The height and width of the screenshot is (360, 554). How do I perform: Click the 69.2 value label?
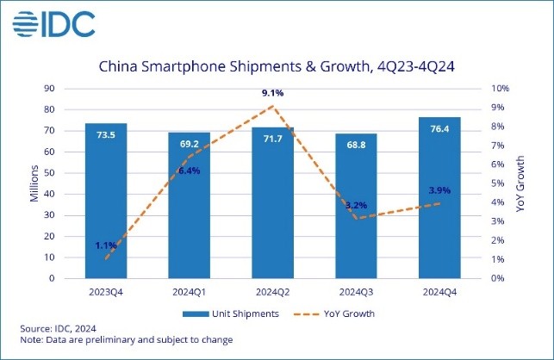[x=190, y=143]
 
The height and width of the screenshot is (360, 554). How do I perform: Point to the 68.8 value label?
[x=356, y=144]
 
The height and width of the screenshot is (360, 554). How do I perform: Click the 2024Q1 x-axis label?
[x=190, y=291]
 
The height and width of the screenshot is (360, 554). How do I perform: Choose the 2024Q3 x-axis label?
[x=356, y=291]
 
